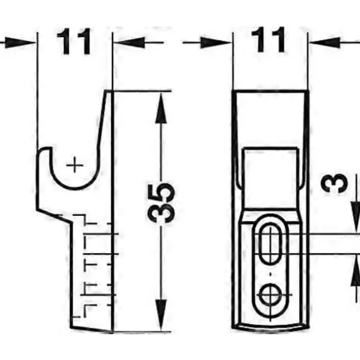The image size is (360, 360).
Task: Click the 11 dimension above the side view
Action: coord(74,42)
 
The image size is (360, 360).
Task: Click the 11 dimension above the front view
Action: coord(268,40)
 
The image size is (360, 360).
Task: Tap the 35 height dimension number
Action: coord(161,203)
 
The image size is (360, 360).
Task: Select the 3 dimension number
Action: coord(335,182)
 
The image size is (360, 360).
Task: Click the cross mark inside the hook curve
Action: coord(74,165)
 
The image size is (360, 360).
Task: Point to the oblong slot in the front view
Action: coord(271,245)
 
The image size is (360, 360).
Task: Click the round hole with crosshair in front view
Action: coord(271,295)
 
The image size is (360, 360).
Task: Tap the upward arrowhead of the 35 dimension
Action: coord(161,108)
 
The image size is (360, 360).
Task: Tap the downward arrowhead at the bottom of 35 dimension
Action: coord(161,315)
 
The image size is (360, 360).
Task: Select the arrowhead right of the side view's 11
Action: coord(129,42)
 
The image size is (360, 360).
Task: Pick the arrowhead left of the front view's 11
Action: coord(215,42)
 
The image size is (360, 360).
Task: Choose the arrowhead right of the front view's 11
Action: coord(325,42)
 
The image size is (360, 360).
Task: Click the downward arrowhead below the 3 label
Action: coord(356,217)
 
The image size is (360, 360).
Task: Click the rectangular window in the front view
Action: coord(271,179)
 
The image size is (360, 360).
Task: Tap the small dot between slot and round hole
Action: coord(271,274)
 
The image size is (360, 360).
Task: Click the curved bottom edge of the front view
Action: coord(271,328)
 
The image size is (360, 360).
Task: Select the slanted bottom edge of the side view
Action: coord(92,330)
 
